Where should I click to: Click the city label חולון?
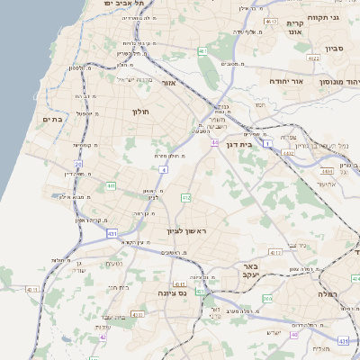pyautogui.click(x=139, y=112)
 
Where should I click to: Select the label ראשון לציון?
pyautogui.click(x=186, y=231)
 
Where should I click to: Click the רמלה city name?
pyautogui.click(x=327, y=293)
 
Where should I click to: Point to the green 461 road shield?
pyautogui.click(x=203, y=51)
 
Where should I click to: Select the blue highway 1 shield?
pyautogui.click(x=267, y=143)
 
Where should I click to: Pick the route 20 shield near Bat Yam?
pyautogui.click(x=78, y=165)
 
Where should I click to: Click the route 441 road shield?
pyautogui.click(x=111, y=185)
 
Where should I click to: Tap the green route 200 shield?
pyautogui.click(x=267, y=298)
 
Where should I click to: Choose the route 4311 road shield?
pyautogui.click(x=32, y=290)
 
